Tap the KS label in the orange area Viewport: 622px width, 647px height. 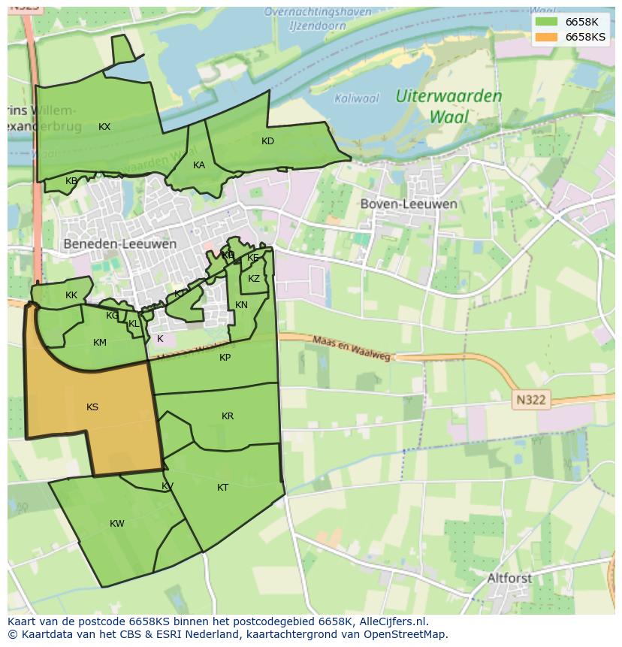click(92, 407)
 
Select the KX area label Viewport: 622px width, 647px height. click(104, 127)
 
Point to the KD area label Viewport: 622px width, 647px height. click(267, 141)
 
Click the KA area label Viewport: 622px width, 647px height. click(199, 165)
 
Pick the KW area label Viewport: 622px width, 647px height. click(117, 524)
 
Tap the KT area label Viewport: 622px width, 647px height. click(222, 488)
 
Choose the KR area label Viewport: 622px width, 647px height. click(228, 416)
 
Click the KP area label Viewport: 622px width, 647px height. click(225, 358)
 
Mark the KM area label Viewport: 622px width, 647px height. click(100, 343)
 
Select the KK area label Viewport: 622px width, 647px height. click(71, 295)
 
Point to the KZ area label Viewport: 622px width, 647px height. click(254, 279)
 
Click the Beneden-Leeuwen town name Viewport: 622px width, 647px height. click(120, 244)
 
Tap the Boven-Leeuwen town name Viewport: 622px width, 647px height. click(408, 204)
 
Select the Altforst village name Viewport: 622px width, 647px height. click(509, 578)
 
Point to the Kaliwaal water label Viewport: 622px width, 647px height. click(357, 98)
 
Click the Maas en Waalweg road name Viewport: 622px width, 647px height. click(352, 348)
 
